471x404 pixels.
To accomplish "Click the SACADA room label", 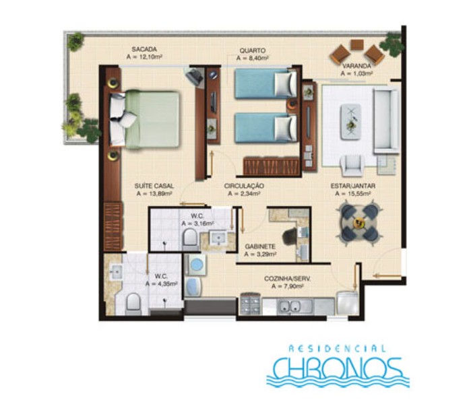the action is tap(144, 49).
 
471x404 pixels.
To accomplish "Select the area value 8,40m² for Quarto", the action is tap(253, 58).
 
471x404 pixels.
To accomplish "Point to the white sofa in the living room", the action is tap(386, 121).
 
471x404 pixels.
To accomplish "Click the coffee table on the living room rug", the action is tap(350, 122).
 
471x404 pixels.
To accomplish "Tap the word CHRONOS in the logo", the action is tap(338, 369).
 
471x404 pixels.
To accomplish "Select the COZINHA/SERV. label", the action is tap(288, 279).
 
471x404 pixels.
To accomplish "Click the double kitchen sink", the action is tap(290, 306).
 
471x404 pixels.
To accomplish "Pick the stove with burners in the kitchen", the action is tap(250, 304).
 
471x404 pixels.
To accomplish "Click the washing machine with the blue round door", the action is tap(195, 265).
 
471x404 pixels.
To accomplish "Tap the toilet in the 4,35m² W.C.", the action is tap(133, 303).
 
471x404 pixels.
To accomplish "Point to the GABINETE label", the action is tap(260, 246).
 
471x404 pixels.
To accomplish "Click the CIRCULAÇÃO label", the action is tap(244, 186).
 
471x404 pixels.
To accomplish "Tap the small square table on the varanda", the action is tap(357, 45).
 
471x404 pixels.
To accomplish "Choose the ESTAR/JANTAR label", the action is tap(353, 186).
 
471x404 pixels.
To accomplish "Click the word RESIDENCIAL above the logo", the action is tap(338, 349).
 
